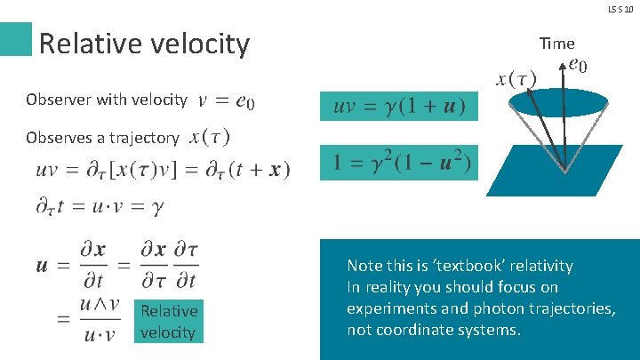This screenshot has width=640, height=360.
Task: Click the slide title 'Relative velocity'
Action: click(x=145, y=43)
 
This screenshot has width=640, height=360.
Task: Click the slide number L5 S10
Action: click(x=621, y=8)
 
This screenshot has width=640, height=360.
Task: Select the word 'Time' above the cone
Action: click(x=556, y=43)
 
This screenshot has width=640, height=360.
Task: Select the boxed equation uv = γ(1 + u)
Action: click(x=398, y=107)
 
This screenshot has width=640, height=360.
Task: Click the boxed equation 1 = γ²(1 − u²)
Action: click(x=398, y=163)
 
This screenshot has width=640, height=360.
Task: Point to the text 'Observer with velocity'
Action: click(x=107, y=100)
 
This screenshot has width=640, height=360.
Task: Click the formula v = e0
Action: click(x=228, y=100)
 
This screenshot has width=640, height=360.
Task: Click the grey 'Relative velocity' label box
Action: click(x=168, y=321)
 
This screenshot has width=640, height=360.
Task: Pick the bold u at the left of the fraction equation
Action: click(x=43, y=265)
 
